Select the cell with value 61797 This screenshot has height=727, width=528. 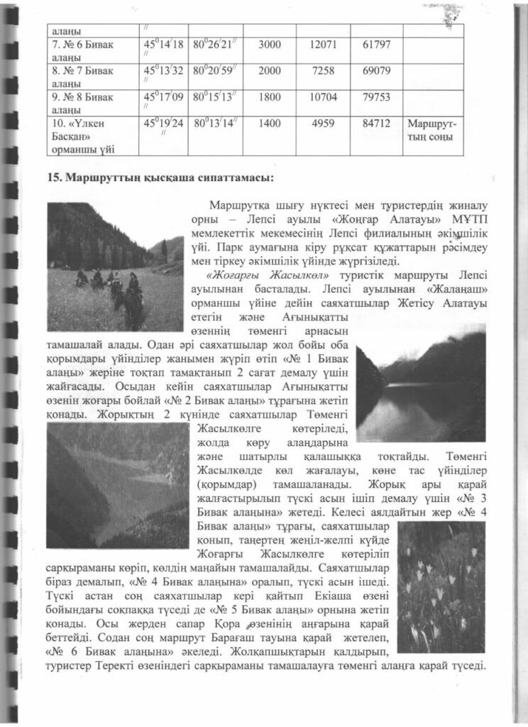coord(377,45)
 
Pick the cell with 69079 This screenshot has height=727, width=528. coord(377,71)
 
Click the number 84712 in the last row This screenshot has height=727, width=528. coord(377,124)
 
